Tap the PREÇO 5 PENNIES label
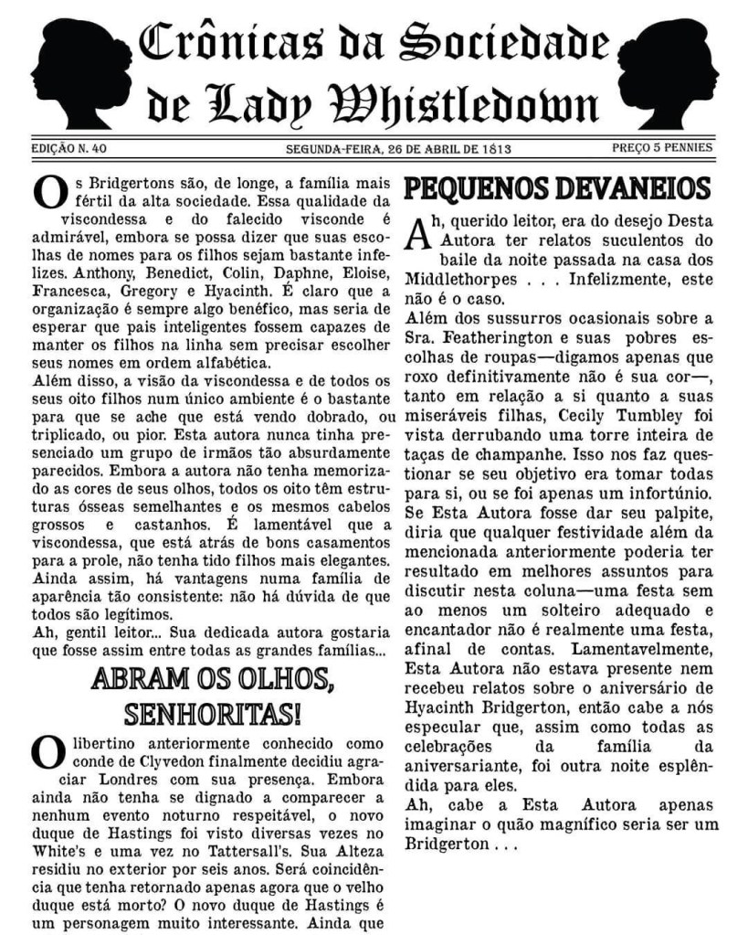662,147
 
